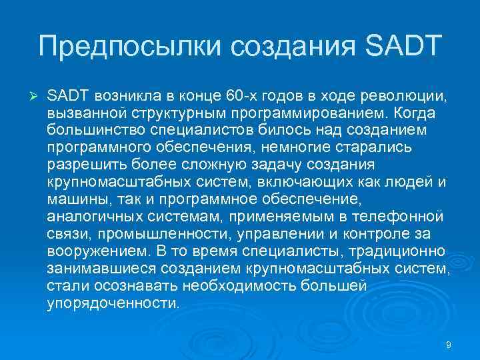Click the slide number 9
tap(448, 344)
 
